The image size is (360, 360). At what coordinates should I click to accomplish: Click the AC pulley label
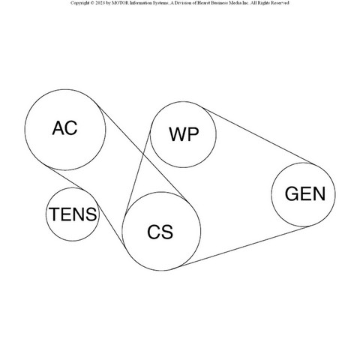[x=64, y=128]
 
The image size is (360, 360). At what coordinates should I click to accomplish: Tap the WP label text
[x=184, y=134]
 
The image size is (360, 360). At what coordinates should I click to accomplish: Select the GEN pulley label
[x=305, y=193]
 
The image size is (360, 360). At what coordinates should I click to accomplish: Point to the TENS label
[x=73, y=214]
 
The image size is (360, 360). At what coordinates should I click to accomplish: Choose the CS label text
[x=160, y=232]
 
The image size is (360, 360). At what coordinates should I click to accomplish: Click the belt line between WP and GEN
[x=257, y=136]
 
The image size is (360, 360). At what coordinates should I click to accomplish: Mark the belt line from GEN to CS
[x=244, y=245]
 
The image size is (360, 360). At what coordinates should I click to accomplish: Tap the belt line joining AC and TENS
[x=65, y=178]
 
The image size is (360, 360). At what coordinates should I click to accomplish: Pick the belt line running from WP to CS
[x=138, y=169]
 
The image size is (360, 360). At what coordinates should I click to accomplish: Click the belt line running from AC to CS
[x=143, y=154]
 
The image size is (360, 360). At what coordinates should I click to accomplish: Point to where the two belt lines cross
[x=144, y=153]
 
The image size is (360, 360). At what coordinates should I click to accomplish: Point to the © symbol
[x=92, y=3]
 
